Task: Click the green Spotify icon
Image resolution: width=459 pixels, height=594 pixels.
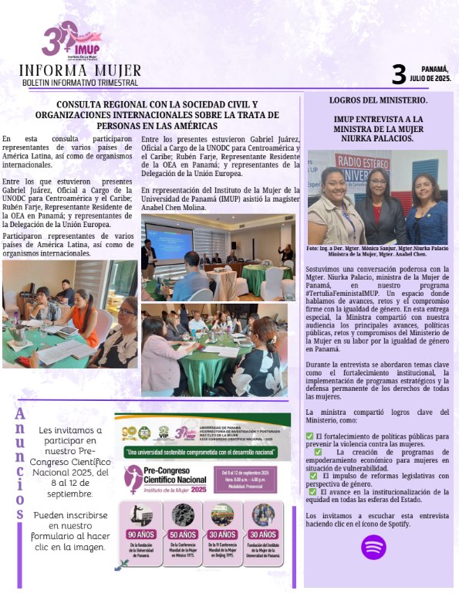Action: (x=373, y=547)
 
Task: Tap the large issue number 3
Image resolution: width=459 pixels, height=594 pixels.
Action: (x=399, y=75)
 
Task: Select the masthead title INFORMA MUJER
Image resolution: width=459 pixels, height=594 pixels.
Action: (x=80, y=70)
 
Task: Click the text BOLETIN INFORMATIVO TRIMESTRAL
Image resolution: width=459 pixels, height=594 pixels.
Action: (x=80, y=83)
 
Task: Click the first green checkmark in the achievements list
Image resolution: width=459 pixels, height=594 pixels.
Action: (x=309, y=436)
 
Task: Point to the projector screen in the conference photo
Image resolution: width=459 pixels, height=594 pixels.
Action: (x=169, y=239)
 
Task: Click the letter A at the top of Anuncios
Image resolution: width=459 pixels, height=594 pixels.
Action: (x=20, y=414)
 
